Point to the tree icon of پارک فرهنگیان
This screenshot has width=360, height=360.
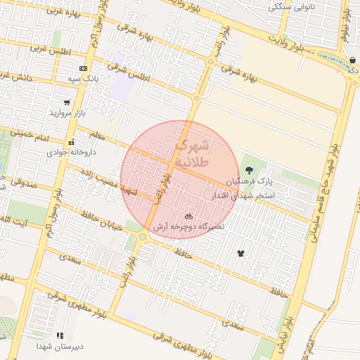point(249,169)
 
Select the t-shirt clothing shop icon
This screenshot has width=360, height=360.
point(241,252)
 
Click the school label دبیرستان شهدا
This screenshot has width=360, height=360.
point(60,346)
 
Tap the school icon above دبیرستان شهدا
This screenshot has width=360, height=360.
point(60,335)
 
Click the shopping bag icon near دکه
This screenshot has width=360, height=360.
point(351,60)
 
